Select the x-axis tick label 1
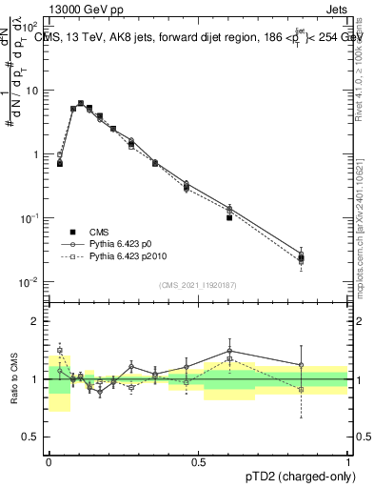tap(347, 461)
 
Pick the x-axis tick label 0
tap(48, 461)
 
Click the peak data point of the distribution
tap(80, 103)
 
